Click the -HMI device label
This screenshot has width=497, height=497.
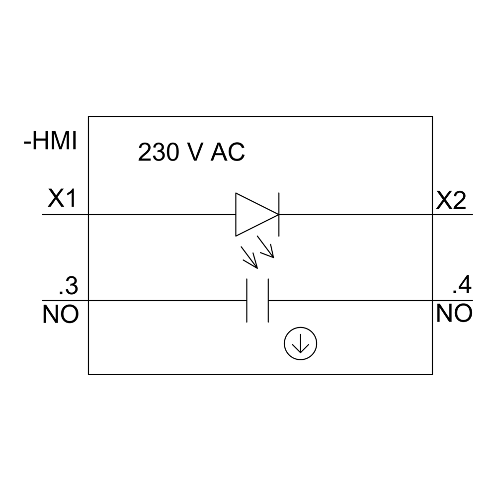pos(50,141)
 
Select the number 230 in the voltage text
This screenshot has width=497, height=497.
pos(159,152)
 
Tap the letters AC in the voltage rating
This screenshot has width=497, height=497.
pos(228,152)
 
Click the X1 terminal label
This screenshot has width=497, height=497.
pos(62,198)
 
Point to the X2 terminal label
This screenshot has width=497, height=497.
pos(451,201)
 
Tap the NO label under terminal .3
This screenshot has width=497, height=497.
pos(61,314)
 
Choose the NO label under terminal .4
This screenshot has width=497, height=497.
pos(454,313)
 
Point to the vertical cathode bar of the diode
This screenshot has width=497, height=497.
pos(279,214)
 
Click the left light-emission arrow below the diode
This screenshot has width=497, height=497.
pos(249,257)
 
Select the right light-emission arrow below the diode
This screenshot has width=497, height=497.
pos(265,247)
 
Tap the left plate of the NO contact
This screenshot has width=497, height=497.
pos(247,301)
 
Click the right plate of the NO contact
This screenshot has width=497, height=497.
pos(268,301)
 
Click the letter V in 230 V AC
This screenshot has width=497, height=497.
pos(195,152)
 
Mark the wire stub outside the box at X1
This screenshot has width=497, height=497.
pos(65,215)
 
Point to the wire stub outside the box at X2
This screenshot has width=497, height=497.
pos(453,215)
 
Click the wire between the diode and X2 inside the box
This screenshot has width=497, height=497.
pos(356,215)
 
